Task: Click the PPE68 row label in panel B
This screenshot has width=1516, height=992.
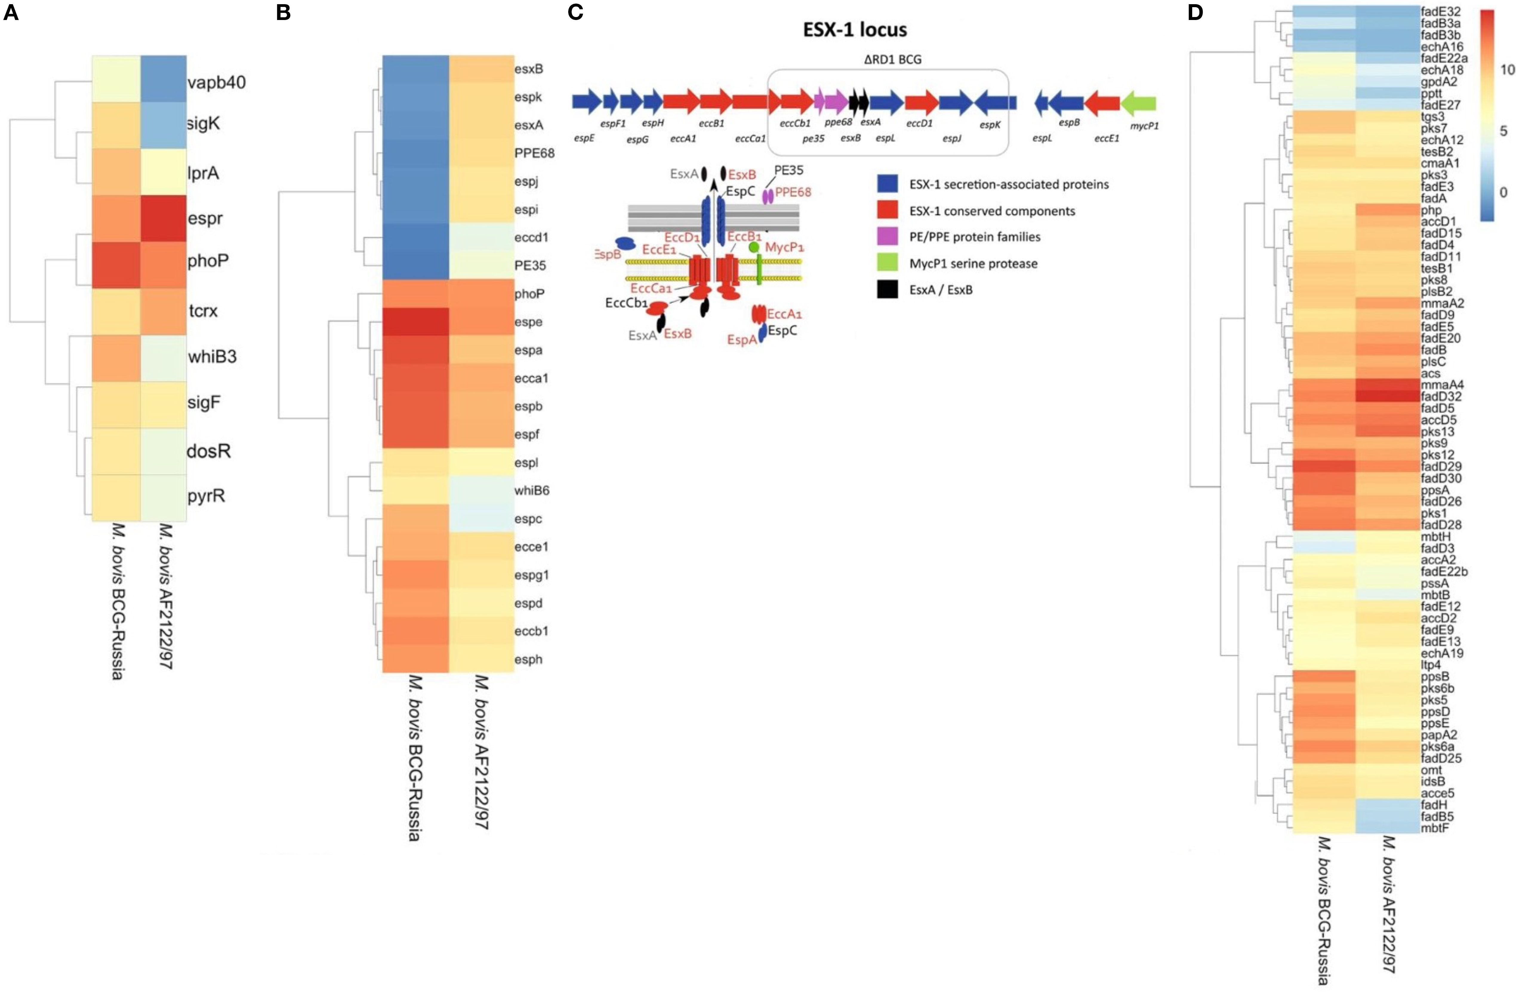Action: pyautogui.click(x=534, y=153)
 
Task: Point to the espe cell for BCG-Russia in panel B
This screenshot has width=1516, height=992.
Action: pyautogui.click(x=415, y=322)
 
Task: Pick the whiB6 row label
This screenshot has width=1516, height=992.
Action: pyautogui.click(x=532, y=490)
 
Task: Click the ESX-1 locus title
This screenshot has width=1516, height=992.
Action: pyautogui.click(x=855, y=29)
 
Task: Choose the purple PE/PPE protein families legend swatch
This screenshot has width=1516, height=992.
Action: pyautogui.click(x=887, y=237)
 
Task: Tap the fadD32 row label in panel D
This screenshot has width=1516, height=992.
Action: pyautogui.click(x=1441, y=396)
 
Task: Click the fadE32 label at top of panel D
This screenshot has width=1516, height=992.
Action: pyautogui.click(x=1441, y=11)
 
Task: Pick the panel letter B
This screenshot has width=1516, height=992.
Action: pyautogui.click(x=284, y=13)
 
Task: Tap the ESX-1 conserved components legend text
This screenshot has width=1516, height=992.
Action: pyautogui.click(x=992, y=211)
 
